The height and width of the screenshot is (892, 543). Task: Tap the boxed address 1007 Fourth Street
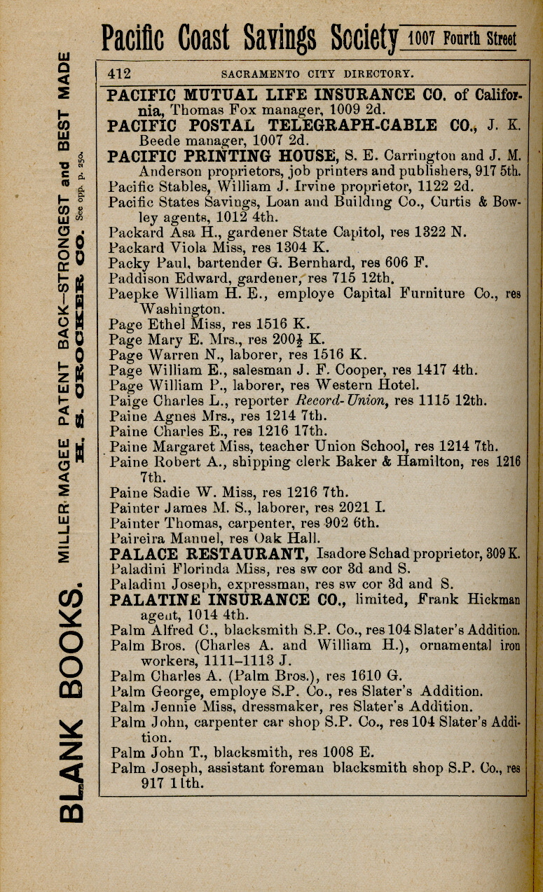point(462,39)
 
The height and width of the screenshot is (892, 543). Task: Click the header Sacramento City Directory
point(317,73)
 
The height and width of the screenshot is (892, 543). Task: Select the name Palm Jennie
point(147,706)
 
